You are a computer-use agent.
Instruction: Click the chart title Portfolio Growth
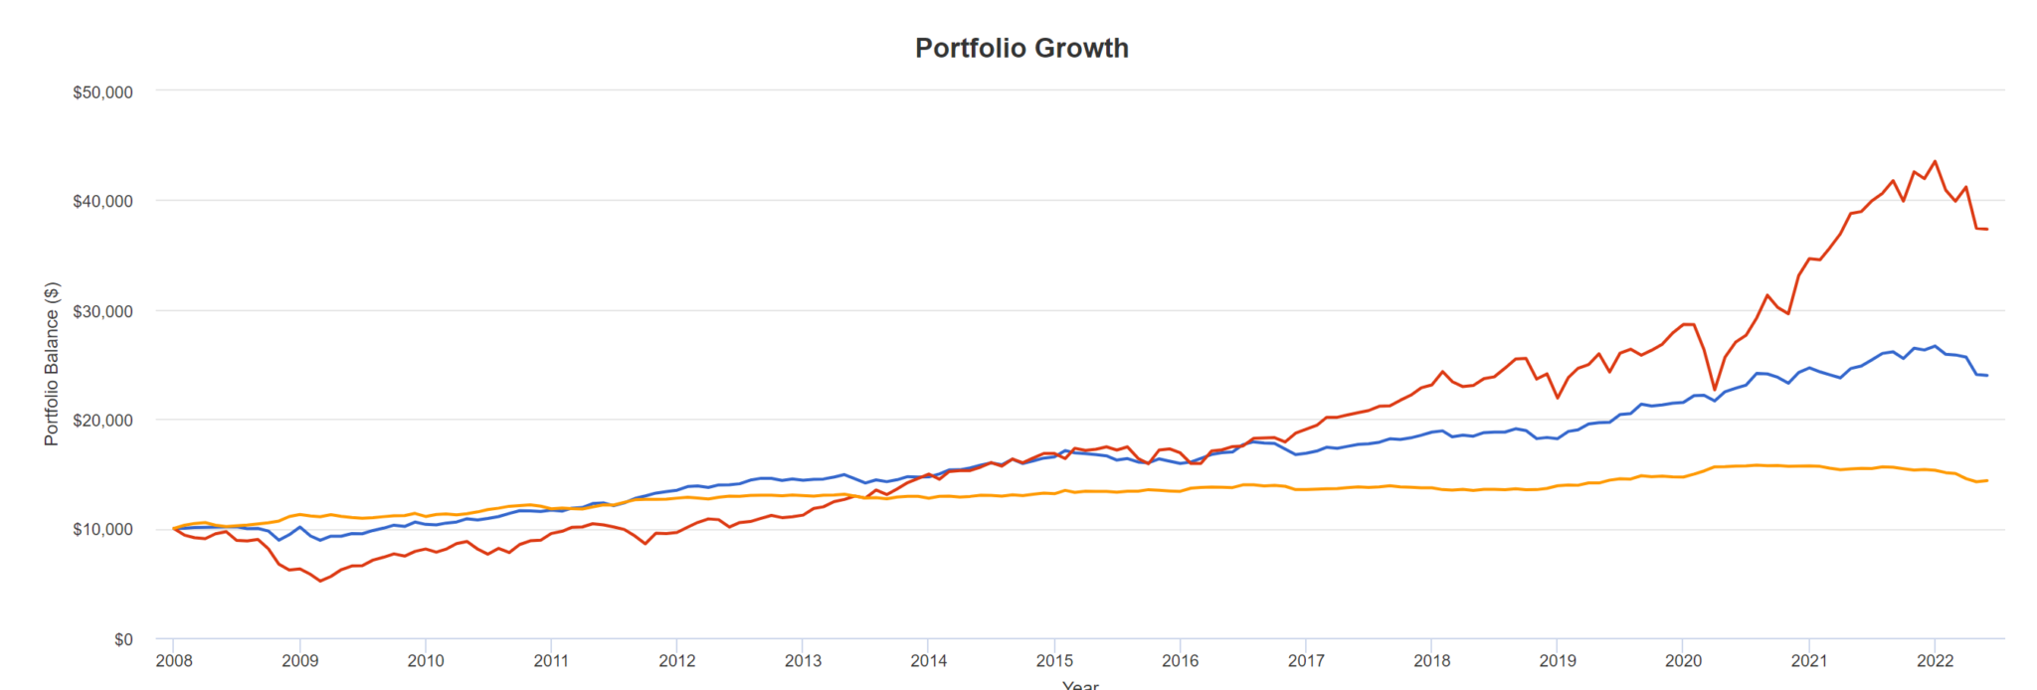point(1021,48)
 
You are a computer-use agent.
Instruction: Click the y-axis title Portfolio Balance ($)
point(52,364)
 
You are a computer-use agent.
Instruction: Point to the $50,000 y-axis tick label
point(102,92)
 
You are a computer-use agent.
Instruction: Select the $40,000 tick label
point(102,202)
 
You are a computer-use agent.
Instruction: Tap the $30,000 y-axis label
point(102,311)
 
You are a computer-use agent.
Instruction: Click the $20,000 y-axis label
point(102,421)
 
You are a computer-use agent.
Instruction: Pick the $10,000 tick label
point(102,530)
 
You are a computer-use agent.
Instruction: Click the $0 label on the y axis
point(122,639)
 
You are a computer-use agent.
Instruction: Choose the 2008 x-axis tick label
point(174,661)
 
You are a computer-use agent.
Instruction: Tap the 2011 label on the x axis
point(551,661)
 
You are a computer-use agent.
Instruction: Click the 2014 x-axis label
point(928,661)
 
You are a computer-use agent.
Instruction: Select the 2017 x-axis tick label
point(1306,661)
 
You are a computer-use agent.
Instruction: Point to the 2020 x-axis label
point(1683,661)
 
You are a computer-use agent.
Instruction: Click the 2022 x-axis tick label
point(1935,661)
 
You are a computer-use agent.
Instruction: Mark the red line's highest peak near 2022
point(1935,161)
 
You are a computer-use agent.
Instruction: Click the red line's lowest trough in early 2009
point(320,581)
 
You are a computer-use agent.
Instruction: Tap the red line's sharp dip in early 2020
point(1715,389)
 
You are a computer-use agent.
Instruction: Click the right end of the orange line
point(1987,480)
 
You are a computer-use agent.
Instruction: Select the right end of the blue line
point(1987,375)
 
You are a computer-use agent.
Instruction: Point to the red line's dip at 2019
point(1558,398)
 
